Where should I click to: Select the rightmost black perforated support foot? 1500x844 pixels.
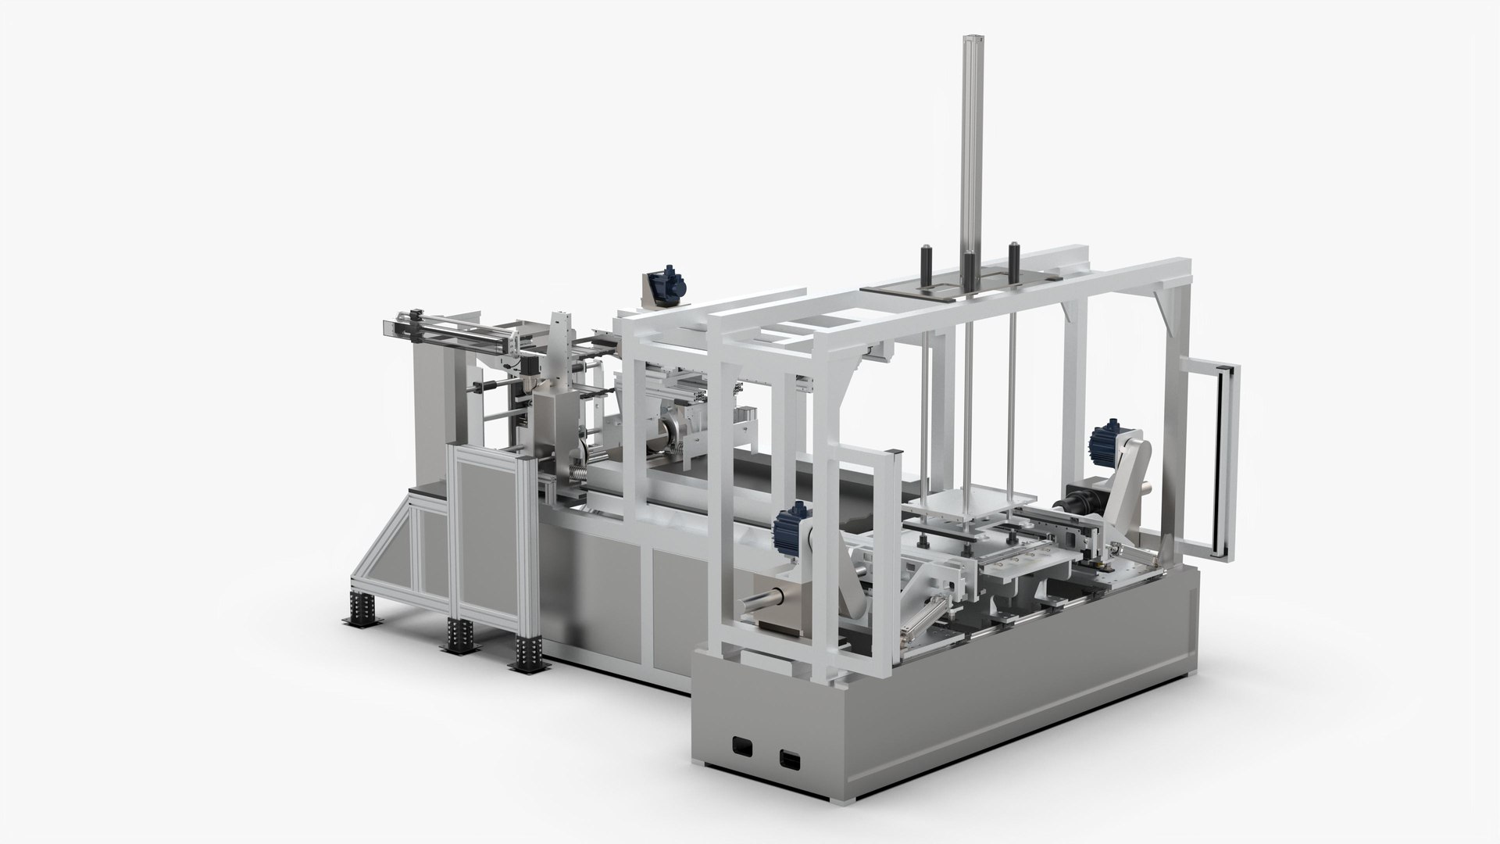click(529, 649)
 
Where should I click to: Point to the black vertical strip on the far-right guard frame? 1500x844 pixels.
click(1222, 461)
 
